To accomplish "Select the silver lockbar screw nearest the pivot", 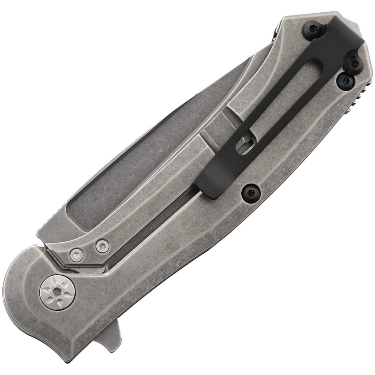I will [x=77, y=255].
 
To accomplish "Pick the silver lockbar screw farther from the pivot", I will [x=103, y=246].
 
